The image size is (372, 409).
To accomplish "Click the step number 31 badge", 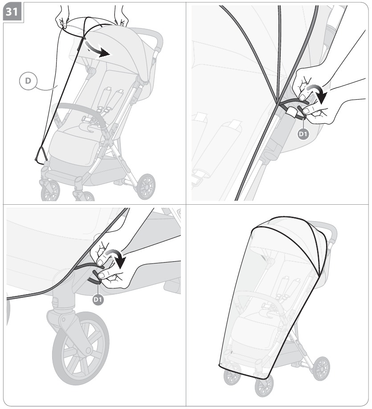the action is click(12, 12).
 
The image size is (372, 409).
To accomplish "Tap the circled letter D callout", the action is click(28, 81).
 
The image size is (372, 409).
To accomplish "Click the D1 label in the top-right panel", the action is click(303, 134).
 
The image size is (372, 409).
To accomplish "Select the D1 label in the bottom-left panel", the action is click(98, 300).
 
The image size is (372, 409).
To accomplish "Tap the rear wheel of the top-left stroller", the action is click(146, 186).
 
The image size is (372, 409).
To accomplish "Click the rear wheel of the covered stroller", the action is click(321, 369).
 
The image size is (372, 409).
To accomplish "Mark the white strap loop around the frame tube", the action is click(292, 113).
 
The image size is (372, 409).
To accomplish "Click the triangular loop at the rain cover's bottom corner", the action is click(41, 155).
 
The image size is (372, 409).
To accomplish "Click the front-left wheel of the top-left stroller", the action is click(50, 190).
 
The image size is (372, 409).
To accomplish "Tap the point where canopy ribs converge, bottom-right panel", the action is click(319, 276).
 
